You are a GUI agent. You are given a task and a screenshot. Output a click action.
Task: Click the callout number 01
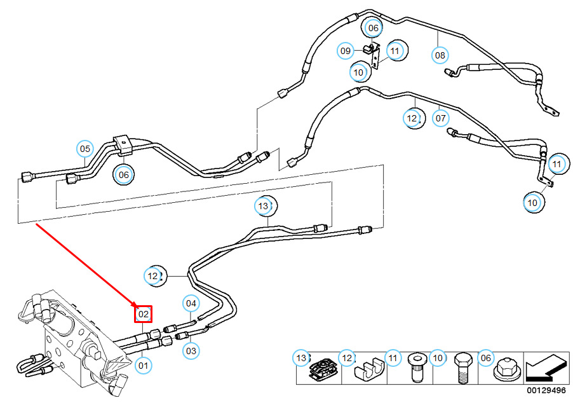pyautogui.click(x=144, y=366)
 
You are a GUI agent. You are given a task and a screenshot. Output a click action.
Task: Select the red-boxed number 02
pyautogui.click(x=144, y=313)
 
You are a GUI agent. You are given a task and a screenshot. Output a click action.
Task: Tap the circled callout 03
pyautogui.click(x=191, y=350)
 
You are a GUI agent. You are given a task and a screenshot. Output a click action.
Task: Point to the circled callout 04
pyautogui.click(x=191, y=303)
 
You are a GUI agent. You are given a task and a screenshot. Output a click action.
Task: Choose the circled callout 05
pyautogui.click(x=85, y=149)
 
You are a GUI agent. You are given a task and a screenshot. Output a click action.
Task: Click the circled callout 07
pyautogui.click(x=441, y=118)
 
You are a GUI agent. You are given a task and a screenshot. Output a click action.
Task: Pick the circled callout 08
pyautogui.click(x=440, y=55)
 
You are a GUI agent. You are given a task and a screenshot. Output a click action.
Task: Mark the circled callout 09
pyautogui.click(x=346, y=50)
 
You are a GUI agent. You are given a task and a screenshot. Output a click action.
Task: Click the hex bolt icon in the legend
pyautogui.click(x=461, y=367)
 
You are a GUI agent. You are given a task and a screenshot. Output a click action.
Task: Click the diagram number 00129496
pyautogui.click(x=545, y=390)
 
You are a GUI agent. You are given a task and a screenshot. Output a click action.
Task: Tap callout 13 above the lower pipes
pyautogui.click(x=263, y=206)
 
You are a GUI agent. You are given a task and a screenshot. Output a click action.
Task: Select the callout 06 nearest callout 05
pyautogui.click(x=123, y=174)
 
